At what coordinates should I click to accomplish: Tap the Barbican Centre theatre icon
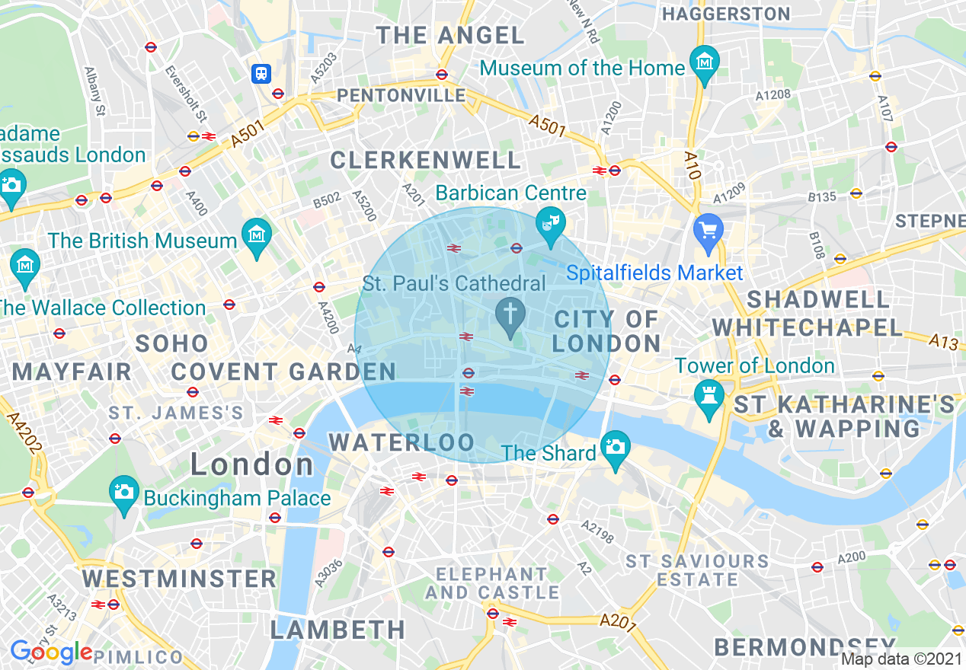coord(550,222)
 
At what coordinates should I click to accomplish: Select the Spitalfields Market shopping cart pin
coord(709,228)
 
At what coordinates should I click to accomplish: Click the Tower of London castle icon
coord(709,394)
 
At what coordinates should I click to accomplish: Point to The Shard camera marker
coord(615,445)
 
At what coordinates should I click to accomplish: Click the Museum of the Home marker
coord(705,60)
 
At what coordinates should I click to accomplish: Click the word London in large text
coord(251,464)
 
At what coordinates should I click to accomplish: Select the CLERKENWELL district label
coord(426,160)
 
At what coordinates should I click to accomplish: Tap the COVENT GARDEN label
coord(283,372)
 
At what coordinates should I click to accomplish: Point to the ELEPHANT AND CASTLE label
coord(492,582)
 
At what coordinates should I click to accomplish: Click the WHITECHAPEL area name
coord(807,328)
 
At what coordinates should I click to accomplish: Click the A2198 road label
coord(597,531)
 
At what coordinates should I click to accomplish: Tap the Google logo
coord(51,652)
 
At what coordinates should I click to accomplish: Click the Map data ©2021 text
coord(901,659)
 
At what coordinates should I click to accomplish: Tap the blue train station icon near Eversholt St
coord(261,73)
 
